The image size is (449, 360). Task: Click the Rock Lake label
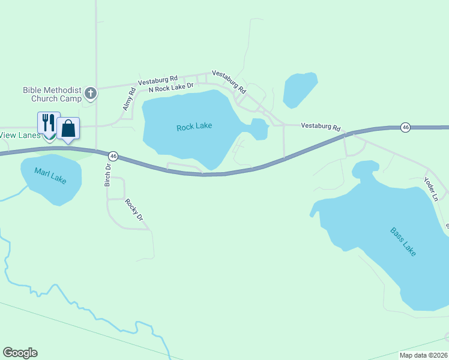pyautogui.click(x=194, y=127)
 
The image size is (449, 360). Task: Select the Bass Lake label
pyautogui.click(x=403, y=241)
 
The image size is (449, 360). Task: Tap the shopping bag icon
pyautogui.click(x=68, y=128)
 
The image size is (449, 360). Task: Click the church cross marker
pyautogui.click(x=90, y=92)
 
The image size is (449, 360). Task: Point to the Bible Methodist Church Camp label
pyautogui.click(x=52, y=94)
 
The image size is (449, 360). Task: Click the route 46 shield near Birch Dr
pyautogui.click(x=113, y=156)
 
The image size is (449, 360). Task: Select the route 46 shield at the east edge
pyautogui.click(x=406, y=127)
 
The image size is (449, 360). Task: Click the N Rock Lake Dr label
pyautogui.click(x=171, y=88)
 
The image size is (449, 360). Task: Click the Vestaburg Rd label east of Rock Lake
pyautogui.click(x=321, y=127)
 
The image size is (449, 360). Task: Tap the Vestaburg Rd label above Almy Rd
pyautogui.click(x=158, y=80)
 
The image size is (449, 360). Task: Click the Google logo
pyautogui.click(x=20, y=353)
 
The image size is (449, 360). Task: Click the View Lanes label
pyautogui.click(x=20, y=135)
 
